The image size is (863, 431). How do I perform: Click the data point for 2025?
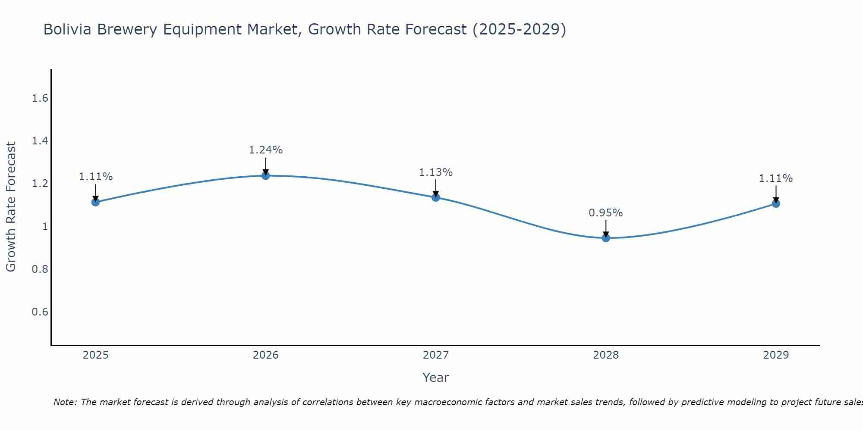pyautogui.click(x=95, y=202)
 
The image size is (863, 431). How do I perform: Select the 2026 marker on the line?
pyautogui.click(x=265, y=175)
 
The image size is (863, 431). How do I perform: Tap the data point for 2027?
pyautogui.click(x=436, y=197)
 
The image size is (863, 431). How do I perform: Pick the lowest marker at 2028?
pyautogui.click(x=606, y=238)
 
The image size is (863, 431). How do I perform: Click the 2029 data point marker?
pyautogui.click(x=776, y=203)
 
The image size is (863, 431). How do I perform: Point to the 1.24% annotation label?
pyautogui.click(x=265, y=150)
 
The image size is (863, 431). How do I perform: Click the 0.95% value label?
pyautogui.click(x=606, y=213)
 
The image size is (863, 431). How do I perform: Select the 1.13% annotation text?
pyautogui.click(x=436, y=172)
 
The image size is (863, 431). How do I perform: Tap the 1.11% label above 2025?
pyautogui.click(x=95, y=177)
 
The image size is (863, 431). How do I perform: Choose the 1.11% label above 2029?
pyautogui.click(x=776, y=178)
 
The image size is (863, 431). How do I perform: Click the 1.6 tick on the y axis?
pyautogui.click(x=40, y=99)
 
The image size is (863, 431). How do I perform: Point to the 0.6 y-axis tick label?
pyautogui.click(x=40, y=312)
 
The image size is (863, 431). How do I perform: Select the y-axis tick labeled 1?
pyautogui.click(x=44, y=227)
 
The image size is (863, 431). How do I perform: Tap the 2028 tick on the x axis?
pyautogui.click(x=606, y=355)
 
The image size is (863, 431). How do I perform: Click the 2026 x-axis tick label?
pyautogui.click(x=265, y=355)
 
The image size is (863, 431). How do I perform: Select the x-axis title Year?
pyautogui.click(x=436, y=378)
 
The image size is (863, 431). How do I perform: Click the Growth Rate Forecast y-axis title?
pyautogui.click(x=11, y=207)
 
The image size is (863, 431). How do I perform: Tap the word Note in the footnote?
pyautogui.click(x=65, y=402)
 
